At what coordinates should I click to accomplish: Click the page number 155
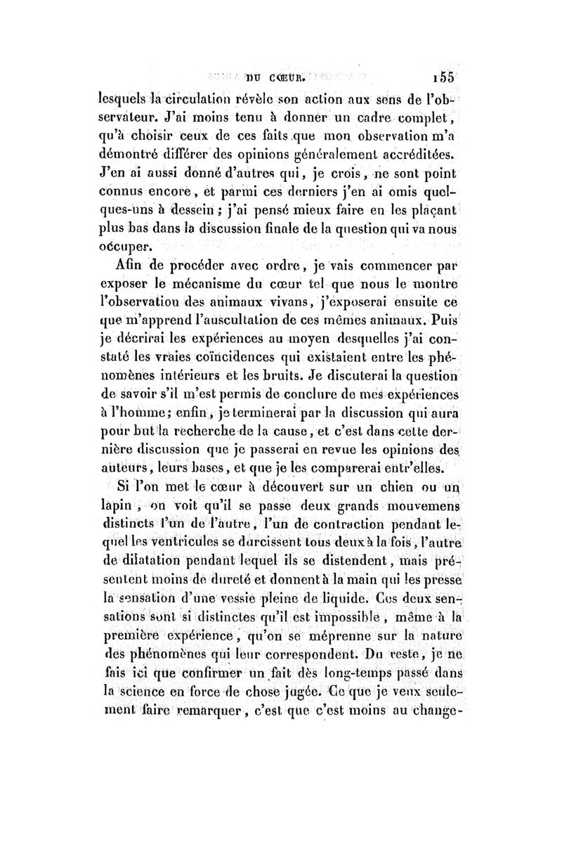pyautogui.click(x=445, y=78)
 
